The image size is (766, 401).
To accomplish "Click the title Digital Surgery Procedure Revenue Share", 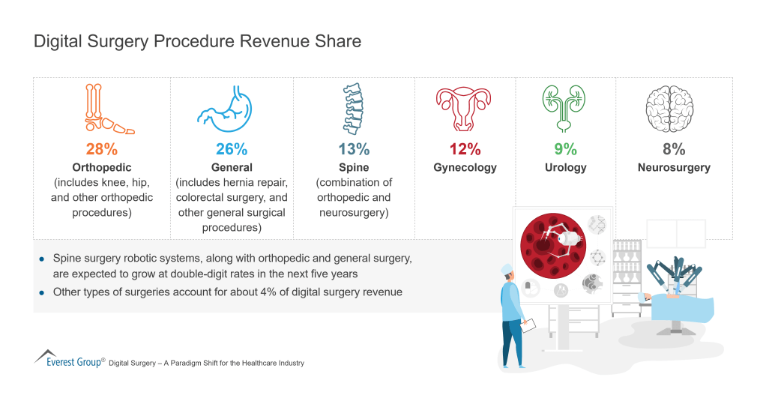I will click(x=197, y=41).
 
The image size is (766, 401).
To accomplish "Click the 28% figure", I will click(x=102, y=149).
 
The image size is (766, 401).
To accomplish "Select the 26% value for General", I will click(x=232, y=149).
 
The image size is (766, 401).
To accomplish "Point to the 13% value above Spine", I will click(x=354, y=149).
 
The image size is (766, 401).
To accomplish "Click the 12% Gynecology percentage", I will click(x=465, y=149).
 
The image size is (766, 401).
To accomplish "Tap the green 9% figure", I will click(x=565, y=149).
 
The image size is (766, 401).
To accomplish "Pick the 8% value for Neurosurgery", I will click(x=673, y=149).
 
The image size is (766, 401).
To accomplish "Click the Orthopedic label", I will click(x=102, y=167).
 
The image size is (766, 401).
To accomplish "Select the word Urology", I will click(x=565, y=167).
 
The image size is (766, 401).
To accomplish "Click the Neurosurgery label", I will click(x=673, y=167).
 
